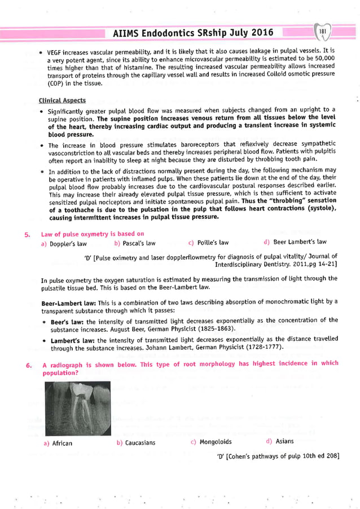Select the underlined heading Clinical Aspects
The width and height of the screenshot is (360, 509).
[x=62, y=100]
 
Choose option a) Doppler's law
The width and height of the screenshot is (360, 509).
[x=64, y=243]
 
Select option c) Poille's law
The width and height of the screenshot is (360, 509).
[x=208, y=243]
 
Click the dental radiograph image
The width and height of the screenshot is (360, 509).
[x=78, y=406]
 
